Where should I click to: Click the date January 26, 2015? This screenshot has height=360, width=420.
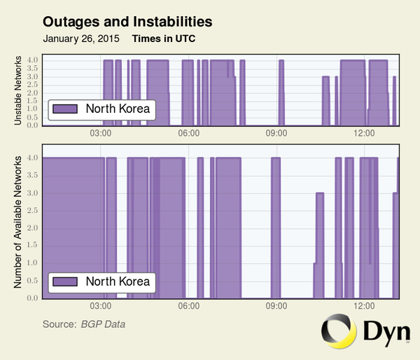(80, 39)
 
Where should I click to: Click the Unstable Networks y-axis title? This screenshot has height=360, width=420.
(18, 91)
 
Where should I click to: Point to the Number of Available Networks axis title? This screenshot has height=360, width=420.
(18, 222)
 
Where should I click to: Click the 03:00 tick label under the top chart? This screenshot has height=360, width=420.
(101, 133)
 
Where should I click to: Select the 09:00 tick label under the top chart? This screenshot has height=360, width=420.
(276, 133)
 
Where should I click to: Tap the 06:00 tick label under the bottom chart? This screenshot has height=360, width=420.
(189, 306)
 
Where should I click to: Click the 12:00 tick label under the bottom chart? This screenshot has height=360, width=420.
(364, 306)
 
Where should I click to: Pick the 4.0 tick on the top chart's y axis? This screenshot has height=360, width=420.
(33, 60)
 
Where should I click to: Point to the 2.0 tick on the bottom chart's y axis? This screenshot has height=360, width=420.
(33, 228)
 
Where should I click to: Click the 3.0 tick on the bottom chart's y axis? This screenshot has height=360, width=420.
(33, 193)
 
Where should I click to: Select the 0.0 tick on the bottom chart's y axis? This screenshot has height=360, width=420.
(33, 298)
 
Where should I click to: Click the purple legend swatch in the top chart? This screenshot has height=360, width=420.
(64, 109)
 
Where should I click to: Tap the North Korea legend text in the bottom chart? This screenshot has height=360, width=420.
(118, 282)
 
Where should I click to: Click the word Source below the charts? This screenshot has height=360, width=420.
(59, 324)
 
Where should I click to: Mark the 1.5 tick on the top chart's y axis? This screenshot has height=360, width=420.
(33, 101)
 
